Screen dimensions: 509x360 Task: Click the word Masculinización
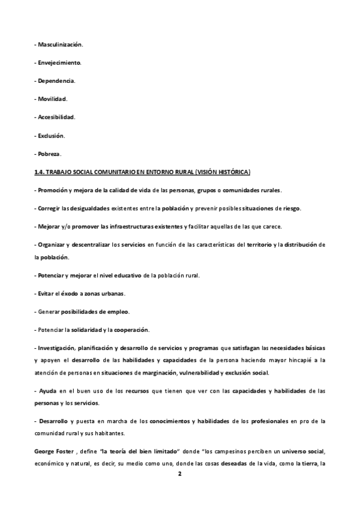[x=61, y=45]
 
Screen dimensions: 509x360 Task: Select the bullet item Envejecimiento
[x=61, y=63]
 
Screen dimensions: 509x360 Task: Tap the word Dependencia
[x=57, y=81]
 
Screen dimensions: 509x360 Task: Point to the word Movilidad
[x=53, y=99]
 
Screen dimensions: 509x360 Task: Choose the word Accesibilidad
[x=57, y=117]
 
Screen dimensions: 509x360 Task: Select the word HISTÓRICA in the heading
[x=235, y=172]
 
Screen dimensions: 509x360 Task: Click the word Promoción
[x=53, y=190]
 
